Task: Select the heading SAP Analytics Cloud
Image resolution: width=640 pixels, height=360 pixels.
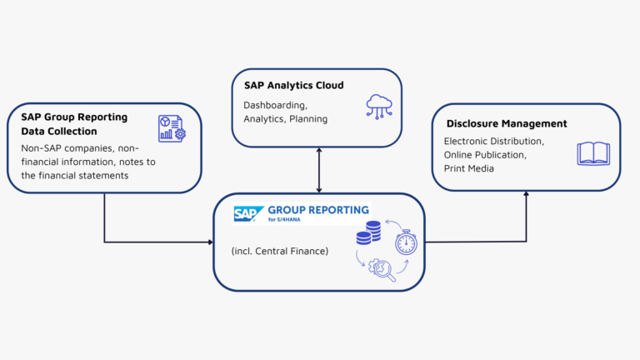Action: pos(293,85)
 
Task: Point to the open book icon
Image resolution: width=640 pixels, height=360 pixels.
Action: pos(593,153)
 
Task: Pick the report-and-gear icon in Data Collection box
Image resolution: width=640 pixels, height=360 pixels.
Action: pos(172,127)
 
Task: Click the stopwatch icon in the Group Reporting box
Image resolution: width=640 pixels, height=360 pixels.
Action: pos(406,242)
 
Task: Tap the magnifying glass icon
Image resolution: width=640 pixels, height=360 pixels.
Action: pos(383,269)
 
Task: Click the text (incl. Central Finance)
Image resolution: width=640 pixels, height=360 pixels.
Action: pos(279,249)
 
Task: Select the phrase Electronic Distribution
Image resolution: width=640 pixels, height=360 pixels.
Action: pos(495,142)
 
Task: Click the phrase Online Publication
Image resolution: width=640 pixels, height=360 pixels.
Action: pos(487,155)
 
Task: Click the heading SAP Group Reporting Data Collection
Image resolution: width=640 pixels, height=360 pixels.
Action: pos(74,124)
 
